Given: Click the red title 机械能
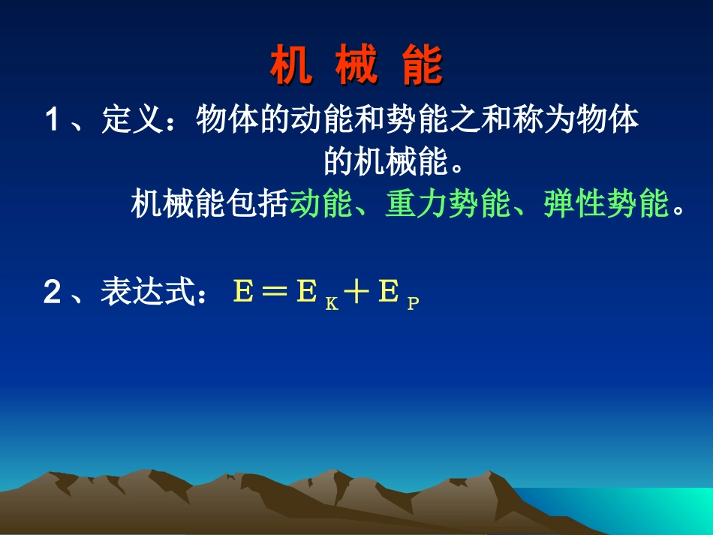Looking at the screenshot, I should tap(356, 66).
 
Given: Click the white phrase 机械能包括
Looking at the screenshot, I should tap(209, 203).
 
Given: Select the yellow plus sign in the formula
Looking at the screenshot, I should tap(357, 292).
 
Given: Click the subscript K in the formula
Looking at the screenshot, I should tap(331, 304).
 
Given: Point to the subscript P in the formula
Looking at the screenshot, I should tap(413, 304).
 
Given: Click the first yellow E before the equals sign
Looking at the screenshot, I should tap(243, 292).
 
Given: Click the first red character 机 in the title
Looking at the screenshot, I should tap(290, 66).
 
